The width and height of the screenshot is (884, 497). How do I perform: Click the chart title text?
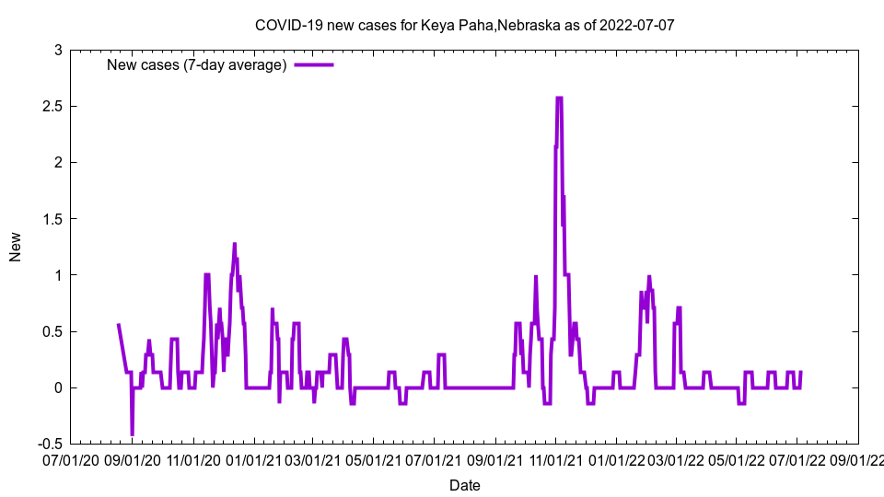pyautogui.click(x=464, y=25)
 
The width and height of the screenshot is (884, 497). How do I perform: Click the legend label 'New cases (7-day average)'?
pyautogui.click(x=197, y=64)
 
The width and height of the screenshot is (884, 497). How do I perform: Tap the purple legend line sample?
pyautogui.click(x=313, y=64)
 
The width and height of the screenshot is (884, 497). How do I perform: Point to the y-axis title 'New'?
pyautogui.click(x=16, y=247)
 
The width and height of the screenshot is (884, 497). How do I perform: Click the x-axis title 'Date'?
pyautogui.click(x=464, y=485)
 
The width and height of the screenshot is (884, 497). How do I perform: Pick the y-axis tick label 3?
pyautogui.click(x=57, y=50)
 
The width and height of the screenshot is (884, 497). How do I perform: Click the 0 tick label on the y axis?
pyautogui.click(x=57, y=387)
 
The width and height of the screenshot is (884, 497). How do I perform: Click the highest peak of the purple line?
pyautogui.click(x=559, y=98)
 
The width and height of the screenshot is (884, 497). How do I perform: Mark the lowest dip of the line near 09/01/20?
pyautogui.click(x=132, y=433)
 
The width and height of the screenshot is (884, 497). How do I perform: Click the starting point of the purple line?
pyautogui.click(x=118, y=324)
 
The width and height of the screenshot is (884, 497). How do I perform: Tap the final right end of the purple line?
pyautogui.click(x=801, y=372)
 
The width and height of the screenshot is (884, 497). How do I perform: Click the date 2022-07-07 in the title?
pyautogui.click(x=636, y=25)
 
